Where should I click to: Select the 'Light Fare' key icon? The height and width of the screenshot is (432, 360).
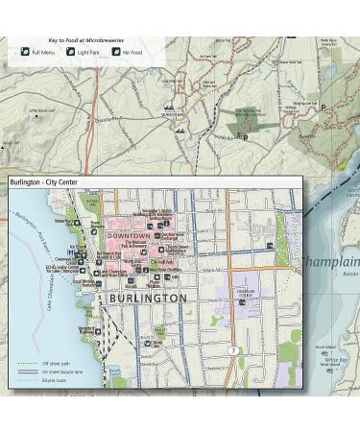click(x=70, y=51)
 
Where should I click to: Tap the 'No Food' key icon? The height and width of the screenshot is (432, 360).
click(x=115, y=51)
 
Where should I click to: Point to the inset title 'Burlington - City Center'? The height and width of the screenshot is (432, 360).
click(x=47, y=181)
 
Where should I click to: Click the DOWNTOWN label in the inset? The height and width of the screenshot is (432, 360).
click(x=130, y=234)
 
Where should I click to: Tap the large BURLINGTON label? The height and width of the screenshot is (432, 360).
click(x=148, y=299)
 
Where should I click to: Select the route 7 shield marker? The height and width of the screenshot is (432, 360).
click(x=232, y=350)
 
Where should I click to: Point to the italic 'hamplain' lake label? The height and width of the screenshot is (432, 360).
click(x=332, y=262)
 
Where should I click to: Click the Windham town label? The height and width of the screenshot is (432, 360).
click(x=174, y=114)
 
